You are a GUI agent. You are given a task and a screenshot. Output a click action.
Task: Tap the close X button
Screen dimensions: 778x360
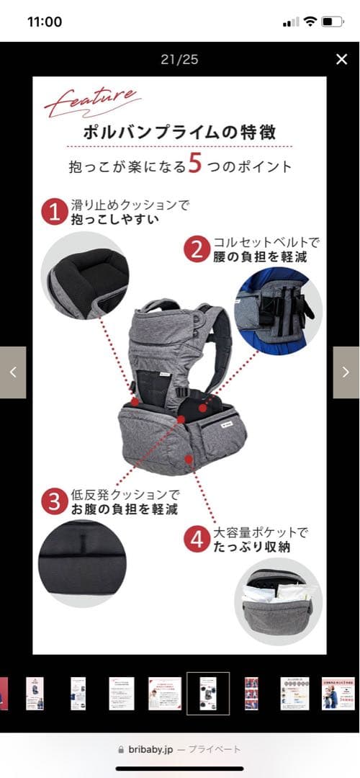[341, 60]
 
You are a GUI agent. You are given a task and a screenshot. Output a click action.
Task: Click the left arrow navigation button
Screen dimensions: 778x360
[13, 372]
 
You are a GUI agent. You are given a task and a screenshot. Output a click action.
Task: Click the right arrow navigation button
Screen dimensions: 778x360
[346, 372]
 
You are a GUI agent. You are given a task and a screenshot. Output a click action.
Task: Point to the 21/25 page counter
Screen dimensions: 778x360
[179, 60]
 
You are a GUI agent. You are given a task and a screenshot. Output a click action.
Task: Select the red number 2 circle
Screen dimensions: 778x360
[196, 249]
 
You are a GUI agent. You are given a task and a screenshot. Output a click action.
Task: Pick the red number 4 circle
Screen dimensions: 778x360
[197, 540]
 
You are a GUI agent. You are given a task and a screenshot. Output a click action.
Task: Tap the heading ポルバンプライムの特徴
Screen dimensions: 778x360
[179, 133]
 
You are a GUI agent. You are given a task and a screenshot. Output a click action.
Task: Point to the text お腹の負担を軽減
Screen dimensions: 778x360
[125, 510]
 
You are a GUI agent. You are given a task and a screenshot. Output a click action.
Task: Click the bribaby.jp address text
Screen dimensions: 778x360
[150, 750]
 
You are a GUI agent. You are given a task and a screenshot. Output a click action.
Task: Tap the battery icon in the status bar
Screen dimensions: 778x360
[331, 22]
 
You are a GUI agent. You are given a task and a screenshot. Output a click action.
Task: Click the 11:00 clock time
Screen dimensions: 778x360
[45, 22]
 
